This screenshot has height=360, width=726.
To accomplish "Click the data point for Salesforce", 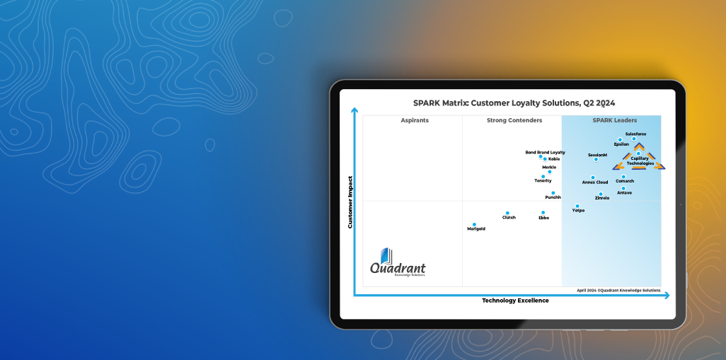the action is pos(634,139).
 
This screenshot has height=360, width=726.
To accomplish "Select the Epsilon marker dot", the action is pos(620,140).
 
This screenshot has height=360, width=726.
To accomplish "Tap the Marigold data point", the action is pos(474,224).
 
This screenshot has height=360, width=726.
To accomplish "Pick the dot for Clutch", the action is pos(507,213).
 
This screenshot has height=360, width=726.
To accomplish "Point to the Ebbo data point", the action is pos(543,213).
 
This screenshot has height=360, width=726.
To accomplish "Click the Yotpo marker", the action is pos(577,206).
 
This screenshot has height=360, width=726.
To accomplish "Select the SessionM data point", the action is pos(596,159).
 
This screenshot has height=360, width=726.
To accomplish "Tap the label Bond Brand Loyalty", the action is pos(545,152).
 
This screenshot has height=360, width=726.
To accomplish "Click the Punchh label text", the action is pos(553,197).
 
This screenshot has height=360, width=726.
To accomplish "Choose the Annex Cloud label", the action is pos(595,182).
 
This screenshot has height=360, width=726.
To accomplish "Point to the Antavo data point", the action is pos(623,188).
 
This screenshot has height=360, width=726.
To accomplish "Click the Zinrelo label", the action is pos(602,198).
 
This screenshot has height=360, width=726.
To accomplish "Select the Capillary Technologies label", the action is pos(640,161).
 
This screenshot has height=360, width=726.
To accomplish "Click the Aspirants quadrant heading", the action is pos(415,120).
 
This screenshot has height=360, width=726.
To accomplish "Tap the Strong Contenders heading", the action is pos(514,120).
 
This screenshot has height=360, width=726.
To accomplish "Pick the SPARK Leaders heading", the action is pos(615,120).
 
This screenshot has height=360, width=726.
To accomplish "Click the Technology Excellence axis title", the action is pos(515,301).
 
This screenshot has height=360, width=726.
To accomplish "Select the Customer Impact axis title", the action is pos(350,202).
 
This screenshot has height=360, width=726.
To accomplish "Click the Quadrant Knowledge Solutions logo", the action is pos(398,262).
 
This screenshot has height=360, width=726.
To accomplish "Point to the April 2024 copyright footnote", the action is pos(618,291).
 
